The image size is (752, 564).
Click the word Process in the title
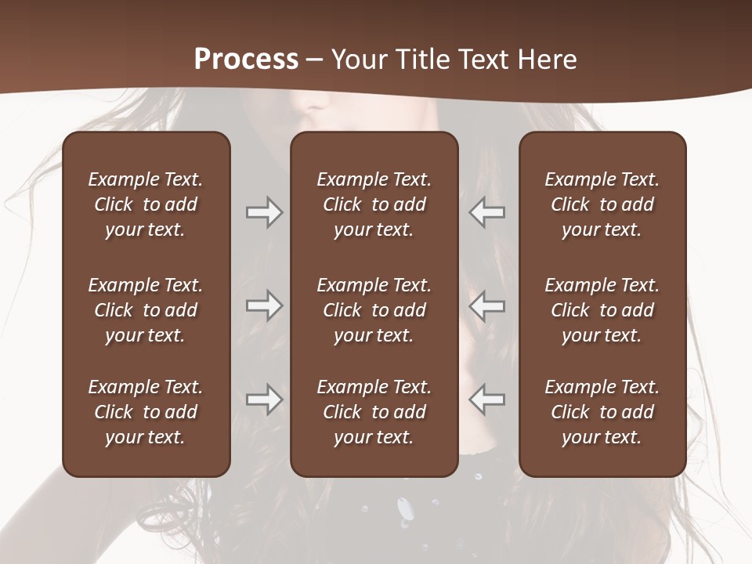(246, 59)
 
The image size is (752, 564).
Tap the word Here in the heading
(545, 59)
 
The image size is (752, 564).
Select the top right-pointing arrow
(264, 212)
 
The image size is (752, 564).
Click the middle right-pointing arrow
(264, 305)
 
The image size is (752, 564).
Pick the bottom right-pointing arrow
(264, 399)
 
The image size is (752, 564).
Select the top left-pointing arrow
(487, 212)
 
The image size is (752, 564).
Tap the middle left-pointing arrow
(487, 305)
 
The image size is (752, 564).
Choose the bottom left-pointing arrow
(487, 399)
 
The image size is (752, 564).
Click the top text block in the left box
(146, 204)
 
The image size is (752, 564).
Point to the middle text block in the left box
(146, 310)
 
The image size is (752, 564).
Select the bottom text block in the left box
(146, 412)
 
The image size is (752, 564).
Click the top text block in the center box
(374, 204)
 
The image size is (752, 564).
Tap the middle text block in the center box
(374, 310)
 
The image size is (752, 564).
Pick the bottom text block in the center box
(374, 412)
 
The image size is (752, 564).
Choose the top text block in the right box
(602, 204)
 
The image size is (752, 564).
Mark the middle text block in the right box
(602, 310)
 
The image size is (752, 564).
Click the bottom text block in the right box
(602, 412)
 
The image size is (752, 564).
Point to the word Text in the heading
(483, 59)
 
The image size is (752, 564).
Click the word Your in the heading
(359, 59)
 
